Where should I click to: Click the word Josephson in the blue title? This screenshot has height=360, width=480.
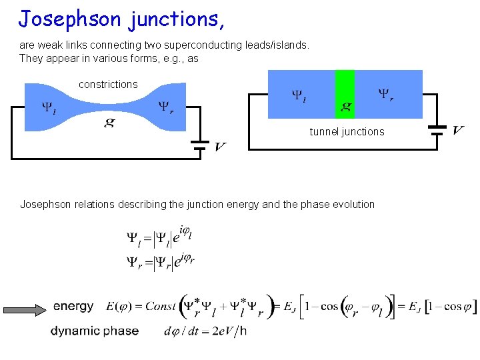click(70, 19)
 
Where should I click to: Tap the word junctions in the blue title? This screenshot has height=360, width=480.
click(175, 19)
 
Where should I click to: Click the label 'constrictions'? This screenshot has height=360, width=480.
click(108, 85)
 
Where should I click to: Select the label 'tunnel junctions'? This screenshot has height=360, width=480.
click(347, 132)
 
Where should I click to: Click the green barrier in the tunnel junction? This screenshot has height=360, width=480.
click(345, 93)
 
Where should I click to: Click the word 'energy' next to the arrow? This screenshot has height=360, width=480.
click(73, 307)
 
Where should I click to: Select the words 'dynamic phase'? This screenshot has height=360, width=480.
click(95, 331)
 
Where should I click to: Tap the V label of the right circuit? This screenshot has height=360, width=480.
click(458, 129)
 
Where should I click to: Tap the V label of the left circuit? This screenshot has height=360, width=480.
click(219, 146)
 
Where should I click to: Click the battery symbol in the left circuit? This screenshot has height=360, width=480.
click(197, 145)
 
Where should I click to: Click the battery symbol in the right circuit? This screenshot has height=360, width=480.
click(437, 129)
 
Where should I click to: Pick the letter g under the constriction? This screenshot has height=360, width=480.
click(108, 122)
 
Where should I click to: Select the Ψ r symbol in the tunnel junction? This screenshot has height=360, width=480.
click(385, 95)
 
